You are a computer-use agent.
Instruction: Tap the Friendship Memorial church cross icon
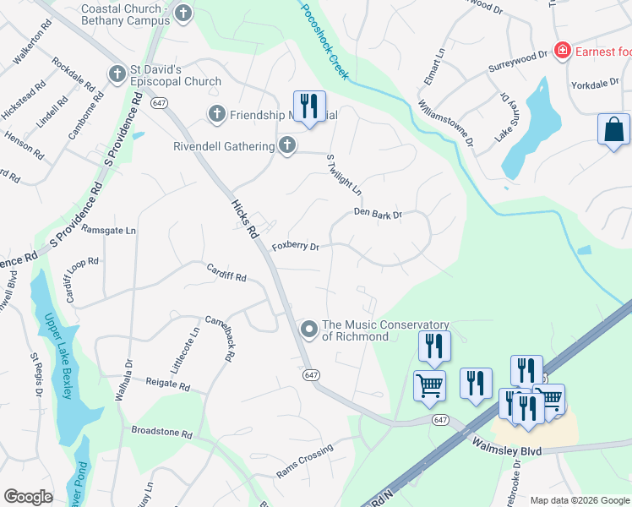216,113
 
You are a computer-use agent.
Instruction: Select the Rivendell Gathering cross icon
287,145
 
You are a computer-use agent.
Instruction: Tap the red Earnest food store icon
562,52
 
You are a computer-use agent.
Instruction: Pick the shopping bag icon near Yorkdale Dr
613,130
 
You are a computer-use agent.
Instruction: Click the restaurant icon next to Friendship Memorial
309,106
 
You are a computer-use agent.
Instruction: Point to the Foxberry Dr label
296,247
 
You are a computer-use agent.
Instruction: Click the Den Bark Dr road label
378,215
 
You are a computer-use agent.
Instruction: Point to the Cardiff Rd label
226,272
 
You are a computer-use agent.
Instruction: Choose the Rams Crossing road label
304,461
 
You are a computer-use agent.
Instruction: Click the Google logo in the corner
28,497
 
